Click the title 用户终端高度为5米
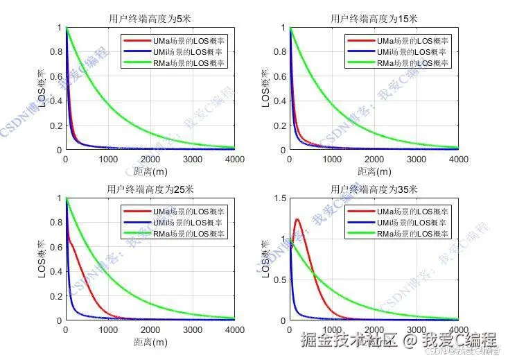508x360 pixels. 150,18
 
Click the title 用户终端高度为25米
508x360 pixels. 150,189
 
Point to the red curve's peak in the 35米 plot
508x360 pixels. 297,220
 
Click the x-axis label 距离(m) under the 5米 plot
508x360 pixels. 150,171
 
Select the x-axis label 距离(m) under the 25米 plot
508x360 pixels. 150,341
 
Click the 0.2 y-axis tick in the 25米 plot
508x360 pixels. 57,296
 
